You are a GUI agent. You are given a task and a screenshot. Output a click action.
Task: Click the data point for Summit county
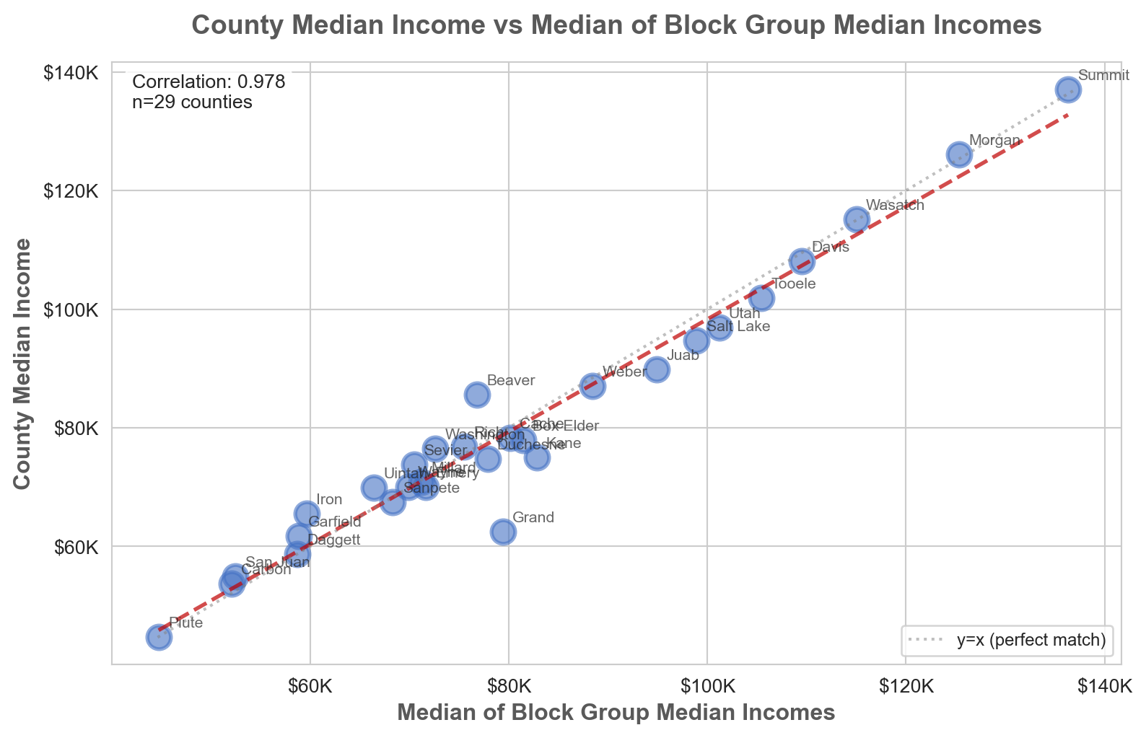click(x=1068, y=89)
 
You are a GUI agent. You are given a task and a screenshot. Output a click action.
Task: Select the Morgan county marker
click(x=959, y=154)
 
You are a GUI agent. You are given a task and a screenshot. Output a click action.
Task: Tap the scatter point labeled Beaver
click(x=477, y=395)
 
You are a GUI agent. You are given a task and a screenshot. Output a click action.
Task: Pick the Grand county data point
click(x=503, y=532)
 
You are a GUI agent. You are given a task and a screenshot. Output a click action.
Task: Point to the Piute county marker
click(x=159, y=637)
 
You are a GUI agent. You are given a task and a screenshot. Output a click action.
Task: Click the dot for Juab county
click(x=657, y=369)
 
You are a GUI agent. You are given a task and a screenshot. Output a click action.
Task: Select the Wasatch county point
click(x=857, y=219)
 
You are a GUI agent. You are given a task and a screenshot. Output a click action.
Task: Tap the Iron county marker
click(x=307, y=514)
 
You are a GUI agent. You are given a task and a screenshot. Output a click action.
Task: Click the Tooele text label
click(x=793, y=284)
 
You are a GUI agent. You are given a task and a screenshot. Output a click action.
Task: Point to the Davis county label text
click(x=830, y=247)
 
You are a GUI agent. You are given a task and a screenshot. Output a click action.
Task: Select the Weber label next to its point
click(x=624, y=372)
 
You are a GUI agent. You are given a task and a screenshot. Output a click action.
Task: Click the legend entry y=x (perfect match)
click(x=1031, y=640)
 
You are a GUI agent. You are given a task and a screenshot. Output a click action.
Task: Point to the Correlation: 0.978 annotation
click(x=209, y=82)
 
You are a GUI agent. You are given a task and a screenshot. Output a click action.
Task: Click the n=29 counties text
click(x=193, y=102)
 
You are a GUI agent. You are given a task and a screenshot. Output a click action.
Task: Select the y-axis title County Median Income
click(x=23, y=364)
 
